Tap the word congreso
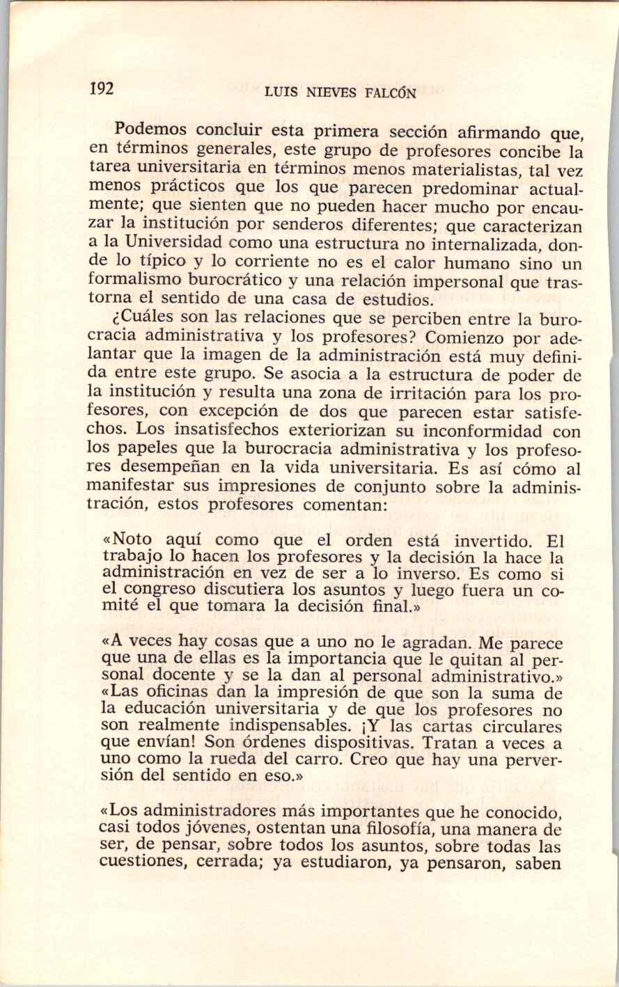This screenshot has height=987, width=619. pos(162,591)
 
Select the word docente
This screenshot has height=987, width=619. pos(176,675)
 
